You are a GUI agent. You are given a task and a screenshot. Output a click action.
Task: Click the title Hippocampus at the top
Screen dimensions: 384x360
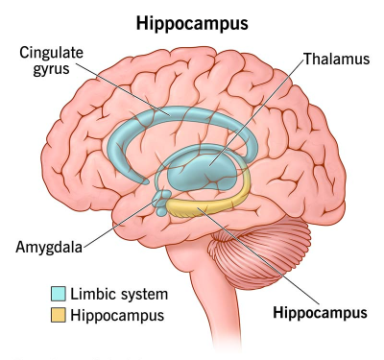click(x=192, y=24)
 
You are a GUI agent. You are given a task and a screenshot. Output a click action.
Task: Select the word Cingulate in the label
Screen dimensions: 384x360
click(x=51, y=53)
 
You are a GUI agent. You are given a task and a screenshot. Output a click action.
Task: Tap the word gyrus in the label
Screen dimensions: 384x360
click(x=51, y=69)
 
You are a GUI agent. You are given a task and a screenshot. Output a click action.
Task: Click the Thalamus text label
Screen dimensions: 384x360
click(x=337, y=59)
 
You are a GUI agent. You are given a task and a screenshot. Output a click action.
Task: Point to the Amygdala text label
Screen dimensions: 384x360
click(x=49, y=247)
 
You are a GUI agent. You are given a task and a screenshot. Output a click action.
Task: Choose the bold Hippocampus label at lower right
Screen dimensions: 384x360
click(x=320, y=313)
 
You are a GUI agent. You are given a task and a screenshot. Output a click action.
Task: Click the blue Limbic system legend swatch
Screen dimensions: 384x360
click(x=59, y=294)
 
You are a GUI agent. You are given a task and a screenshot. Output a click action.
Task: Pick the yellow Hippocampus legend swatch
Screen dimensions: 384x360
click(x=59, y=315)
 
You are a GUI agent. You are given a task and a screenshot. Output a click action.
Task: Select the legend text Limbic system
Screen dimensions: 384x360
click(x=119, y=294)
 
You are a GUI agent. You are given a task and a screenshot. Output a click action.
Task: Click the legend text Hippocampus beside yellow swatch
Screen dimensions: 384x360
click(x=117, y=315)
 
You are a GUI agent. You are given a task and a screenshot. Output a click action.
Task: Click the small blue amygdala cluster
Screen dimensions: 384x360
click(x=161, y=203)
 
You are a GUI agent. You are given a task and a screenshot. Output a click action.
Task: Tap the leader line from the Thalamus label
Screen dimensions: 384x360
click(x=256, y=112)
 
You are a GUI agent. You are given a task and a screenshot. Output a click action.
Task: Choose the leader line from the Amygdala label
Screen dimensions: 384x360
click(x=119, y=223)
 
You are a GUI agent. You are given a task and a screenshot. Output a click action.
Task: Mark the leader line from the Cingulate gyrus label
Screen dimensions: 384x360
click(x=123, y=88)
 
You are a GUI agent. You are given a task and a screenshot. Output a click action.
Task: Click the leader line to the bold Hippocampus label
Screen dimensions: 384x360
click(x=258, y=256)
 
